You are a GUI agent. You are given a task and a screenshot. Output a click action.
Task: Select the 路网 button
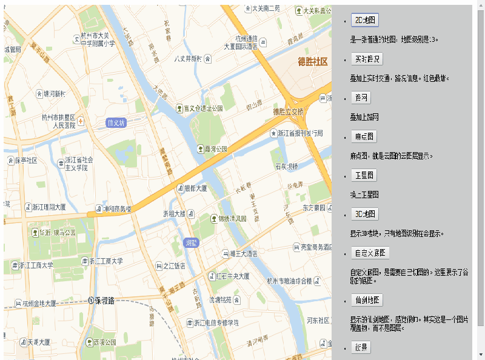[362, 98]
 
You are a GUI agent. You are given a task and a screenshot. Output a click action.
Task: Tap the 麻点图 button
[364, 136]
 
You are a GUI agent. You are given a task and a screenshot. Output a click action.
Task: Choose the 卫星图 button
[364, 175]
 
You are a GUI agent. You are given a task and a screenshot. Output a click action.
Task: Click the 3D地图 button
[366, 214]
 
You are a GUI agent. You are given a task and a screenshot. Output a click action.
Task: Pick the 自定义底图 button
[370, 253]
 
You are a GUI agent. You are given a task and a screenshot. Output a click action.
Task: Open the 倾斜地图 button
[367, 300]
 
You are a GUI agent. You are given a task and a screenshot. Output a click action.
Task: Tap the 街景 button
[362, 347]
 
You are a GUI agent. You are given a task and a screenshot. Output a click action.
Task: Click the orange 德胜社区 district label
[312, 62]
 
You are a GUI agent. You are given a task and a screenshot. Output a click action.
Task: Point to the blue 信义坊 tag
[115, 122]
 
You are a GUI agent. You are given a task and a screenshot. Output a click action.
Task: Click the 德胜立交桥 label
[288, 112]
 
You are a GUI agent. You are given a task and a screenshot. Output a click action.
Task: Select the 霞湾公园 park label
[216, 148]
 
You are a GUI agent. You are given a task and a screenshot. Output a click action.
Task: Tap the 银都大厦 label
[195, 188]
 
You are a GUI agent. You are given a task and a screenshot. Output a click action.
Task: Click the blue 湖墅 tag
[191, 242]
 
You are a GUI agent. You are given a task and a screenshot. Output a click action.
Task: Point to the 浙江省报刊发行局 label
[300, 133]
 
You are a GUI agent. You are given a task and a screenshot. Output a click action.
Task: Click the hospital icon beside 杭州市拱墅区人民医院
[81, 121]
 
